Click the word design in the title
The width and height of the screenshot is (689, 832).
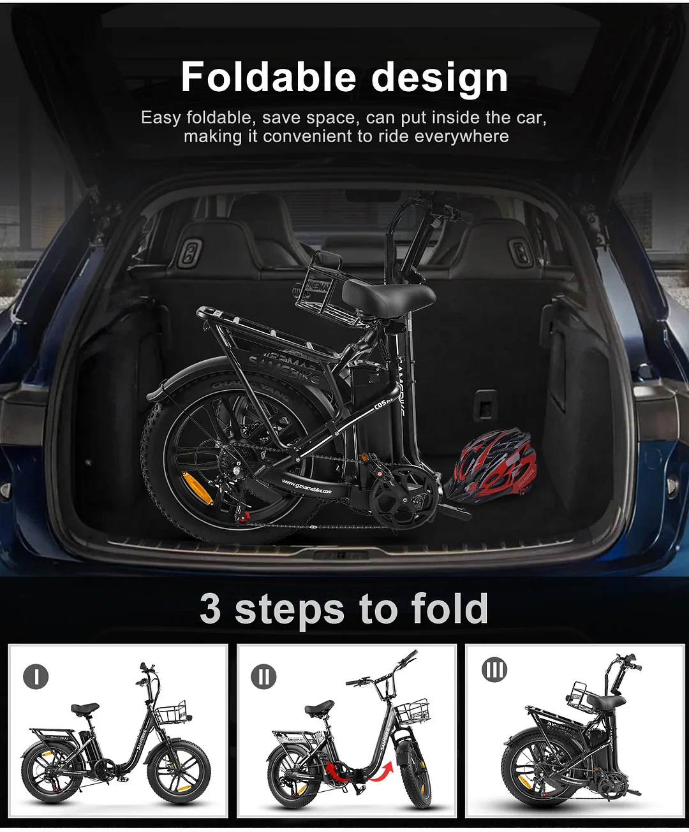440,78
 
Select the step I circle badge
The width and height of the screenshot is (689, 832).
36,676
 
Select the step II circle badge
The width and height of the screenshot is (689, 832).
263,676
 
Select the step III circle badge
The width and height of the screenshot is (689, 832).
494,670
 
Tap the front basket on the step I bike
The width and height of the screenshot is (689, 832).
170,713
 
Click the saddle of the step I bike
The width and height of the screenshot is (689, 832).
85,708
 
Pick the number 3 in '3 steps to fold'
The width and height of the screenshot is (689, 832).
210,609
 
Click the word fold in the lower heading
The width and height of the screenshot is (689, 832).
450,609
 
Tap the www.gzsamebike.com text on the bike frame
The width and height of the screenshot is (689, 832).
307,487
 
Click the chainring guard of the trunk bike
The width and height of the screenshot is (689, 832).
403,497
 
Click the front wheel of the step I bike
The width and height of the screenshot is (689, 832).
179,775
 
